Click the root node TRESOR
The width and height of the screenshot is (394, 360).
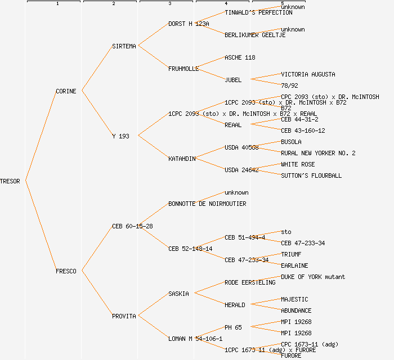(10, 181)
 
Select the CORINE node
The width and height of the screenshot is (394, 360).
(66, 91)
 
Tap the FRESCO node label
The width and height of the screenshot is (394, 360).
(66, 271)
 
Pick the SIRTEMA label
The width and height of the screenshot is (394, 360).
(124, 46)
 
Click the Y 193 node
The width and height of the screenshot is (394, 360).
(120, 136)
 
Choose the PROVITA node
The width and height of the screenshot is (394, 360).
(124, 316)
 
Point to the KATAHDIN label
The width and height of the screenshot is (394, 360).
(182, 159)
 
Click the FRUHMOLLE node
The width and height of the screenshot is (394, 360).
(183, 69)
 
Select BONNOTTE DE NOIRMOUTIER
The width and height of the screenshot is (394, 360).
(207, 204)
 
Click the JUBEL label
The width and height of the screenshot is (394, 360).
(233, 80)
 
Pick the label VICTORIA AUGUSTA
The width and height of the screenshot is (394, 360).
(308, 74)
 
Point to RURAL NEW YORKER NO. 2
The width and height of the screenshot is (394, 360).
(318, 153)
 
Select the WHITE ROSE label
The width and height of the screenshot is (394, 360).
(298, 164)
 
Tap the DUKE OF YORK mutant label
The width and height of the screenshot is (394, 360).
(313, 277)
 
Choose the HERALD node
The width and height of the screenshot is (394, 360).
(235, 305)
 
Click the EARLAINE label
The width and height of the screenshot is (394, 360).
(294, 265)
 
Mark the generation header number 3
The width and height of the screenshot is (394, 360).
(169, 4)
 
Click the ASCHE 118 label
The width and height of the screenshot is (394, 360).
(240, 57)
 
